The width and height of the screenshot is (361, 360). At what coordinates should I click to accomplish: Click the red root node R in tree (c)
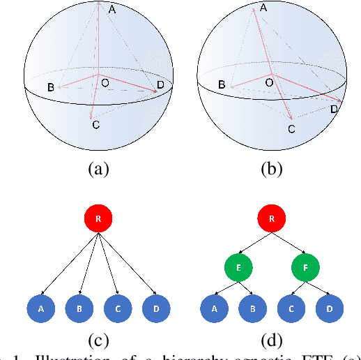coord(98,218)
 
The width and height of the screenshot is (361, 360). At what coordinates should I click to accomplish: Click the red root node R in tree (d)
coord(272,218)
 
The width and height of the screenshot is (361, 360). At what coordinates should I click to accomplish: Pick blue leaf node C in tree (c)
coord(117,308)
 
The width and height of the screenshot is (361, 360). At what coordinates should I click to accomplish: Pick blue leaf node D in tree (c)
coord(156,308)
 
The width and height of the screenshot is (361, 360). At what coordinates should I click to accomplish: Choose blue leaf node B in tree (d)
coord(252,308)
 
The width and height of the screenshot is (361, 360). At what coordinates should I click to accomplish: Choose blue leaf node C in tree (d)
coord(291,308)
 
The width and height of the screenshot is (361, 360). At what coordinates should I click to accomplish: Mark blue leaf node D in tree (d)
coord(330,308)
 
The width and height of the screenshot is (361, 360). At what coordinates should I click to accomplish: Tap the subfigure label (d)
coord(272,342)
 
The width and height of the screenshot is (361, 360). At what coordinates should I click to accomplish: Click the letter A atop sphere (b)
coord(263,8)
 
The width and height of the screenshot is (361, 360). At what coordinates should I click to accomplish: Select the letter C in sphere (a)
coord(95,124)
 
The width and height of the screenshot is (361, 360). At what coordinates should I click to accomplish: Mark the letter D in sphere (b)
coord(335,110)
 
